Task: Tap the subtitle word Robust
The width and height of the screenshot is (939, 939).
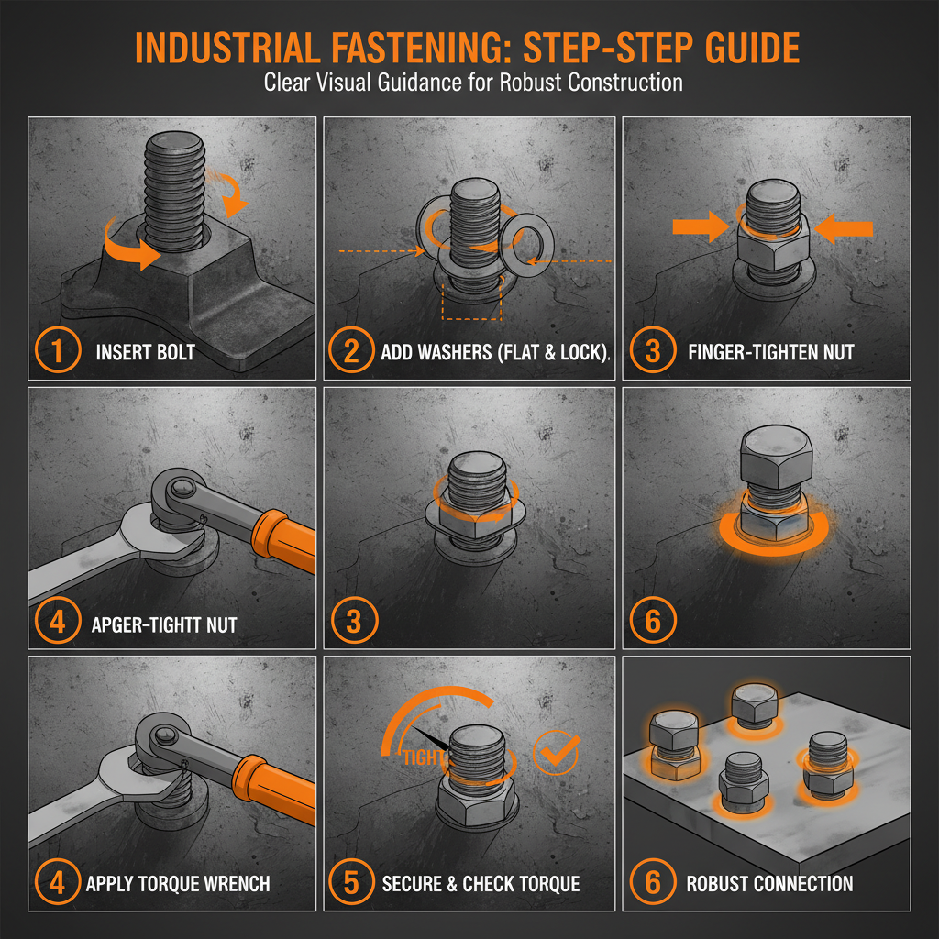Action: pyautogui.click(x=532, y=82)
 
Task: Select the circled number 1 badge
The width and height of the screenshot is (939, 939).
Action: pyautogui.click(x=57, y=351)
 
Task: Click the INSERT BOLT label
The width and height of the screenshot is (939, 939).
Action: pyautogui.click(x=145, y=352)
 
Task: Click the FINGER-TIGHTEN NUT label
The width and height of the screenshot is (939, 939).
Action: pyautogui.click(x=785, y=352)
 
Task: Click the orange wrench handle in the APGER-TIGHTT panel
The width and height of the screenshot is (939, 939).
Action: pyautogui.click(x=279, y=541)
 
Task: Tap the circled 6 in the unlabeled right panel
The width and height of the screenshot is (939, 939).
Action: pyautogui.click(x=652, y=622)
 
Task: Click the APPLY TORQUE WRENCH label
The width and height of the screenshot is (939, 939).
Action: pyautogui.click(x=178, y=884)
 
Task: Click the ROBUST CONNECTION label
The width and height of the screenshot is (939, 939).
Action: pyautogui.click(x=769, y=884)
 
